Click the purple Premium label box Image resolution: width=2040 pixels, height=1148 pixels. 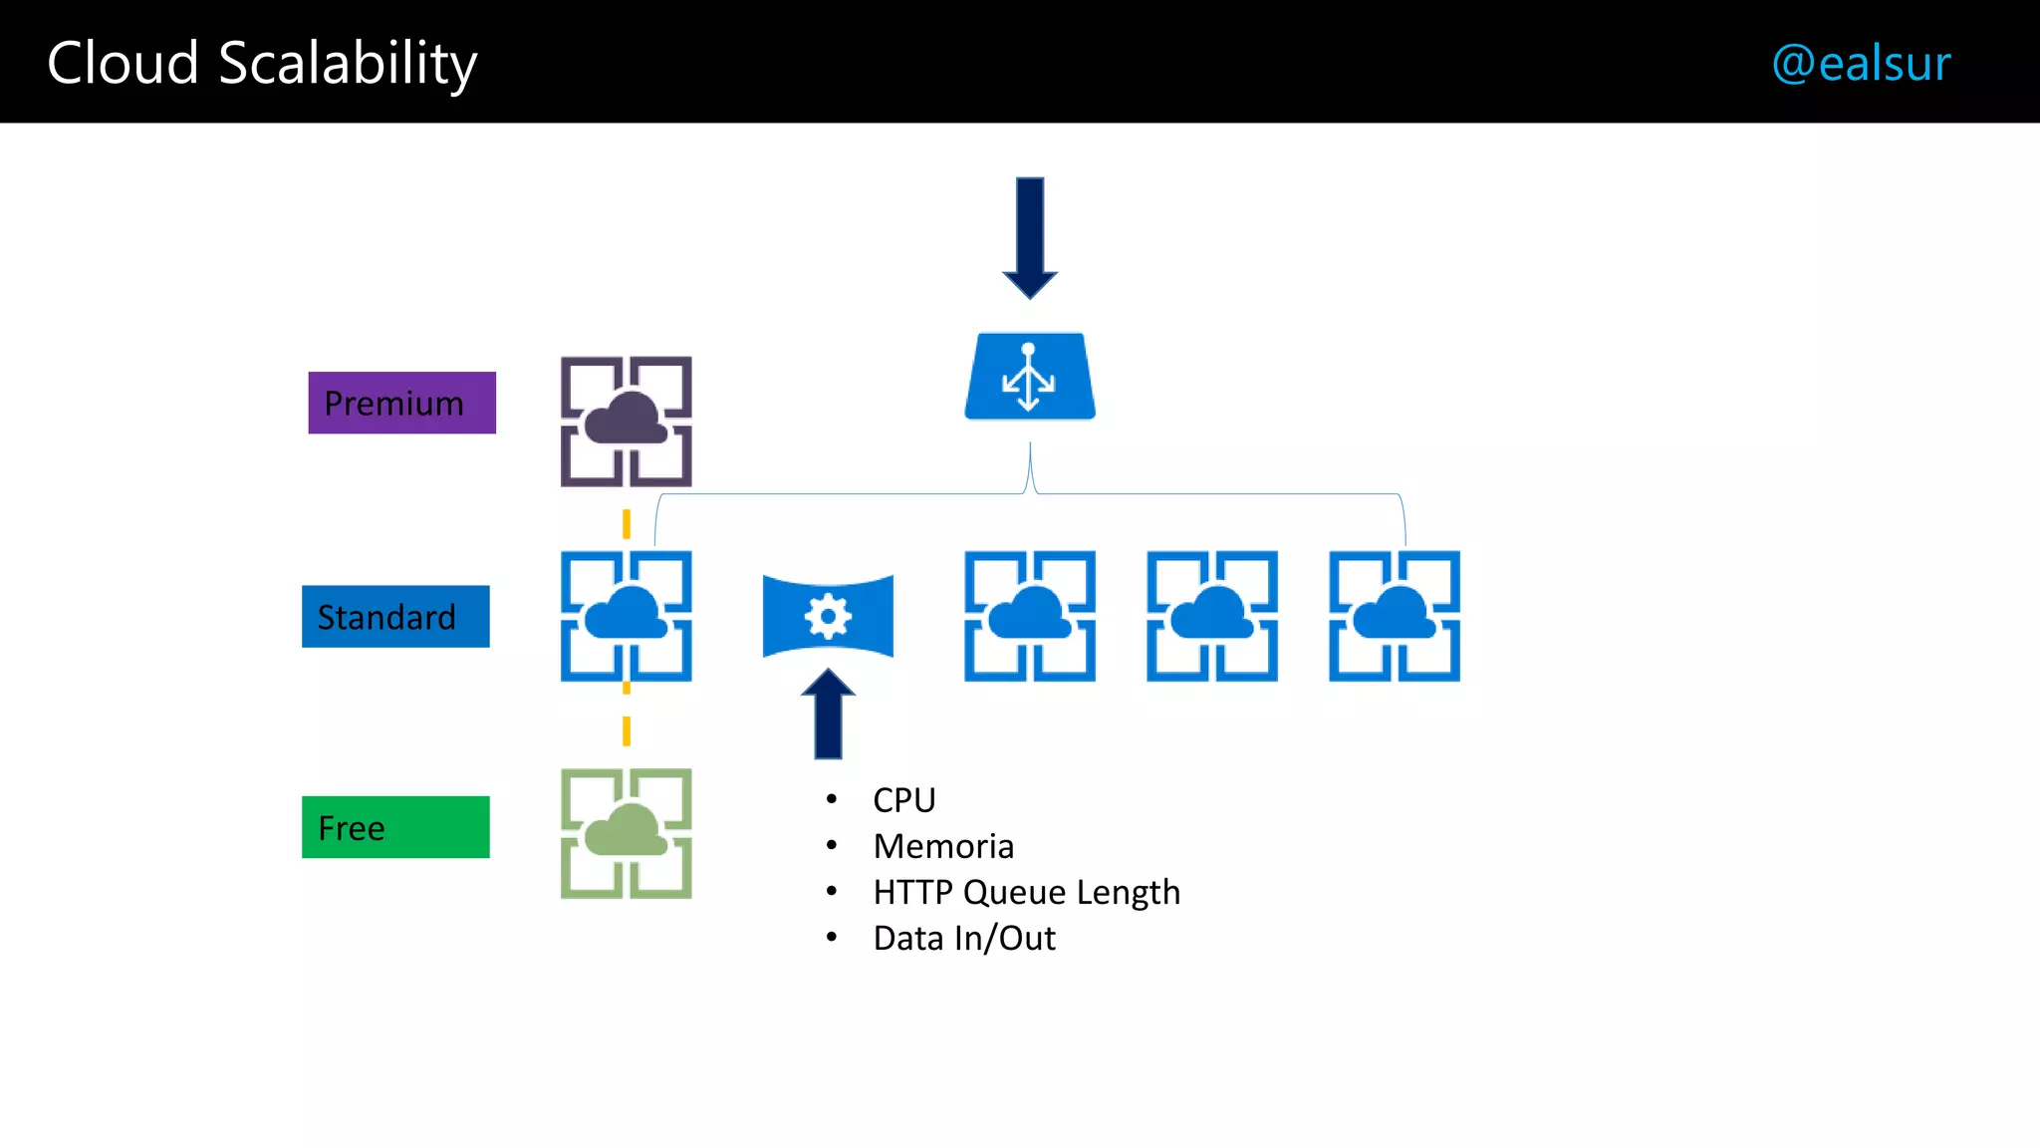[x=401, y=403]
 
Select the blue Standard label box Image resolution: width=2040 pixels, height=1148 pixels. [x=395, y=617]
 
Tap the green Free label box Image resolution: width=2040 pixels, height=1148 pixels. [x=395, y=827]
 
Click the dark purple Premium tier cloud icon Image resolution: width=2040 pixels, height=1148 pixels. [x=626, y=422]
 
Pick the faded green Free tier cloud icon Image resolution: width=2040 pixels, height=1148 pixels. [x=626, y=833]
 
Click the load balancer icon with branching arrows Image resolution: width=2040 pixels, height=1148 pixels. [x=1030, y=377]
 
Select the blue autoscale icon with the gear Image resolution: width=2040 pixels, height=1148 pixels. [x=828, y=616]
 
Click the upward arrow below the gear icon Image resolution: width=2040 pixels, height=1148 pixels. [x=828, y=714]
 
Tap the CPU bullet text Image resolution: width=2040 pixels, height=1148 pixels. [x=903, y=800]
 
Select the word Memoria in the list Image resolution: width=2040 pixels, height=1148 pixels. [x=943, y=846]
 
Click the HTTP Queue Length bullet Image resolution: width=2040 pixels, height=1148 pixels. [x=1026, y=892]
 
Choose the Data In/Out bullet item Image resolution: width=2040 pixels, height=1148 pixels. [x=963, y=939]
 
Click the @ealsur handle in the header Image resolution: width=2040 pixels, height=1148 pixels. [x=1861, y=63]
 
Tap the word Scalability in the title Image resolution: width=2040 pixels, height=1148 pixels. [x=348, y=64]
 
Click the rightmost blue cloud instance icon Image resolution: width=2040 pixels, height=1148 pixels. [x=1395, y=616]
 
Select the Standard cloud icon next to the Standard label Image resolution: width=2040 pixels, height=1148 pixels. [x=626, y=616]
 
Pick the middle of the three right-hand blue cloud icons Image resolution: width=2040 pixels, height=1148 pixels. [x=1212, y=616]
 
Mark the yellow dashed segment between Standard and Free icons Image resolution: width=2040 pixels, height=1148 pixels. [x=627, y=729]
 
